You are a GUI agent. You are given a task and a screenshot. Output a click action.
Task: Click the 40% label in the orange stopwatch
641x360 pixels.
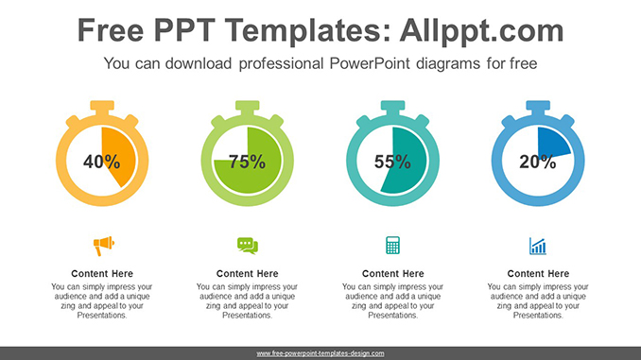click(101, 162)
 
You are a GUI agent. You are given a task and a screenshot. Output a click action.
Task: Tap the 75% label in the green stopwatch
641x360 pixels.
click(247, 162)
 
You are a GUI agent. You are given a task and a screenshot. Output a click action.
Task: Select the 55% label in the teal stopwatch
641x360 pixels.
click(392, 162)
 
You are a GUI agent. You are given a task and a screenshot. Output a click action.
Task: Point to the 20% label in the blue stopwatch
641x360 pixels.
click(537, 162)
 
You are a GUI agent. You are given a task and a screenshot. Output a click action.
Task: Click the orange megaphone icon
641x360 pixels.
click(102, 247)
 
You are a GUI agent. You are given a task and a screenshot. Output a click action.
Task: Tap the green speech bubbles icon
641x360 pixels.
click(247, 247)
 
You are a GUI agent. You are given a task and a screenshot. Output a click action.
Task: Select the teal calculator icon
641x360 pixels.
click(392, 247)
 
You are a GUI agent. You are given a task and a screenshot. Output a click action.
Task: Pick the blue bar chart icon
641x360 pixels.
click(538, 247)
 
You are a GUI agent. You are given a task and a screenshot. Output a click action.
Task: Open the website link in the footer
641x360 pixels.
click(320, 353)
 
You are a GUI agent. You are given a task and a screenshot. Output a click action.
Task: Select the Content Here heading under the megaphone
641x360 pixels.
click(102, 274)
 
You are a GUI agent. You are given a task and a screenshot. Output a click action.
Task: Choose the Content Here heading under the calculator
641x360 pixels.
click(392, 274)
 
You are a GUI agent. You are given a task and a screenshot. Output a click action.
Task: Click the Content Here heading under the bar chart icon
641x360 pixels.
click(538, 274)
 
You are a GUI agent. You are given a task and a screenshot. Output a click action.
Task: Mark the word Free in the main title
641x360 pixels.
click(112, 31)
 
